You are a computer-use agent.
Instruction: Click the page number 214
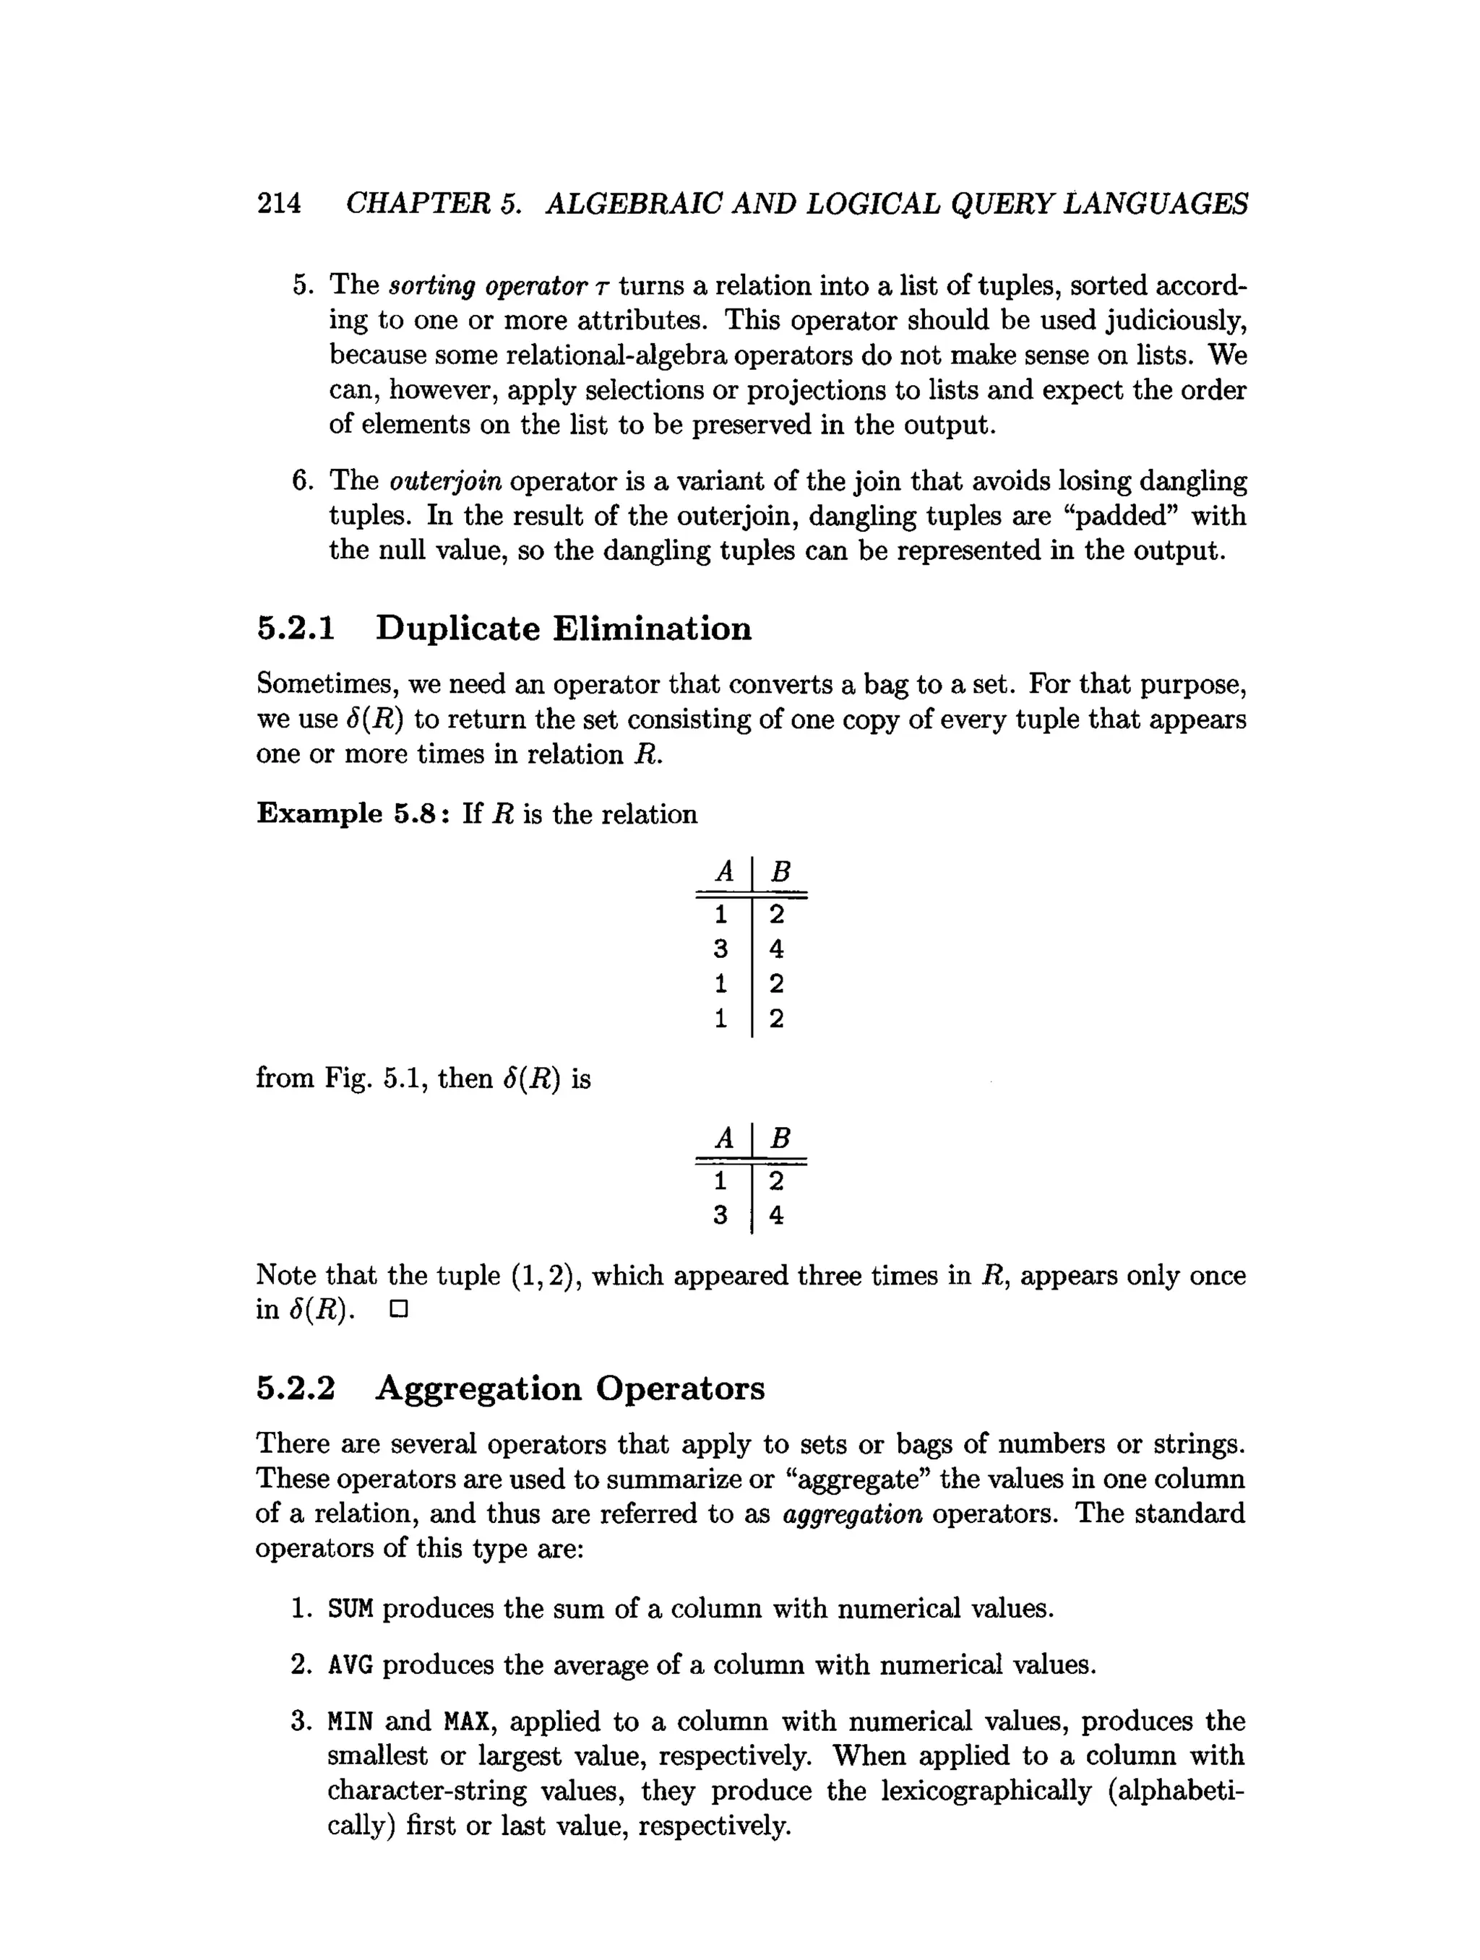pos(278,203)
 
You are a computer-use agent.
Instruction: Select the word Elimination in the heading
pos(653,629)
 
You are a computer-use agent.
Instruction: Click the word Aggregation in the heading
pos(478,1389)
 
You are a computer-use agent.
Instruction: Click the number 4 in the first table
pos(776,949)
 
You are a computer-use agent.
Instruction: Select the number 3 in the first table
pos(720,949)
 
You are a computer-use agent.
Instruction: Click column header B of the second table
pos(780,1137)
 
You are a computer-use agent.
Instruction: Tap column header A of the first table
pos(724,872)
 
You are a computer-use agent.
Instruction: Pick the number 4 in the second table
pos(776,1216)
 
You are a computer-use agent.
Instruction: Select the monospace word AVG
pos(350,1665)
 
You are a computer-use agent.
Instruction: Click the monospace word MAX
pos(466,1722)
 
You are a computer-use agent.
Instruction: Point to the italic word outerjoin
pos(446,481)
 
